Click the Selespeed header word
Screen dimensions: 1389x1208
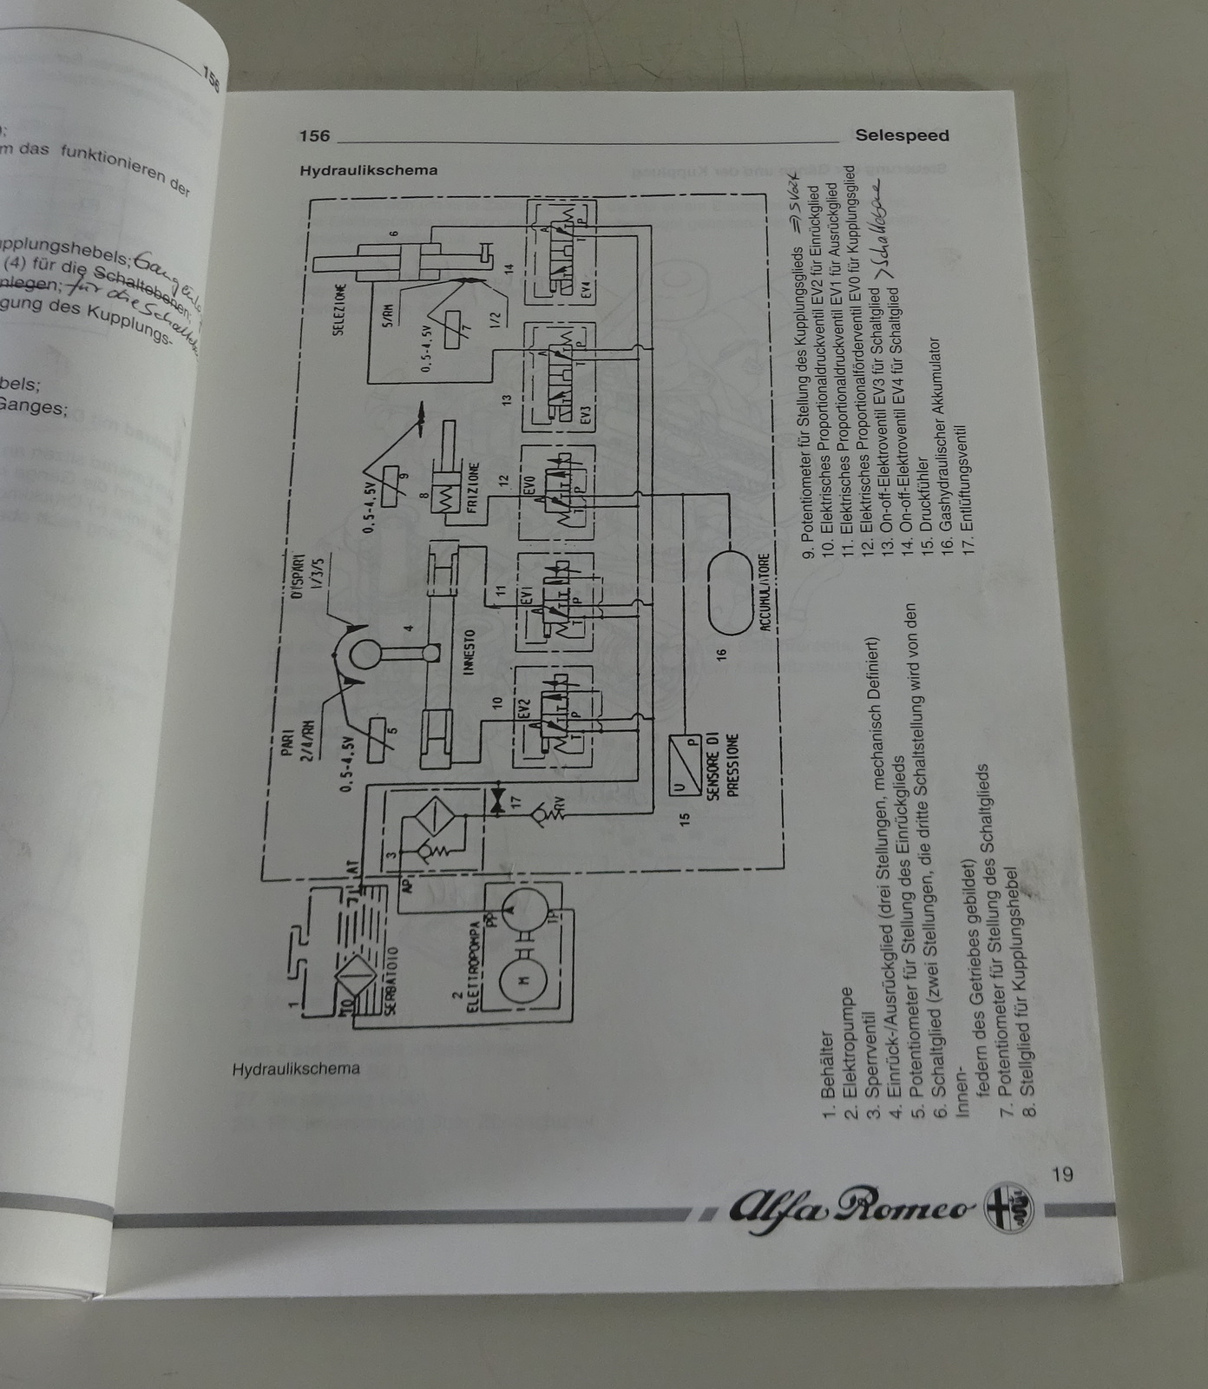902,135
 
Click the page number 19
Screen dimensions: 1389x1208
1061,1175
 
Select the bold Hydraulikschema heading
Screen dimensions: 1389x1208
368,170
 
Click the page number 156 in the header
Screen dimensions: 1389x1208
314,135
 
